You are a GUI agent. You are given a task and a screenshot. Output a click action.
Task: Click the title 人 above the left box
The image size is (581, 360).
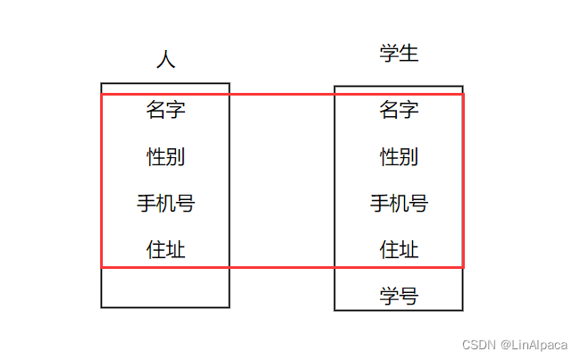[x=165, y=60]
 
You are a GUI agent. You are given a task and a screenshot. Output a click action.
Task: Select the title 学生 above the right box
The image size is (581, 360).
[x=399, y=54]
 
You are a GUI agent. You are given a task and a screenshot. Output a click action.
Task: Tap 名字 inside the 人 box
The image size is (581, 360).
[x=165, y=110]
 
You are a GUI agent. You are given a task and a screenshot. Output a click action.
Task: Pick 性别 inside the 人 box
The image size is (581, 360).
[x=165, y=157]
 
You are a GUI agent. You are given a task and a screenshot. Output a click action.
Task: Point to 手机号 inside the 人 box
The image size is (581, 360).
[x=165, y=204]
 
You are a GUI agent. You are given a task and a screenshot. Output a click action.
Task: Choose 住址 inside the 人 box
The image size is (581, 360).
[x=165, y=249]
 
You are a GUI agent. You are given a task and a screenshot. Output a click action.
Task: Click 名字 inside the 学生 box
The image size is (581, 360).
[x=399, y=110]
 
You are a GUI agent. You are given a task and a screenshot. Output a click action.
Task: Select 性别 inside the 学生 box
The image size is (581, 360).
[x=399, y=157]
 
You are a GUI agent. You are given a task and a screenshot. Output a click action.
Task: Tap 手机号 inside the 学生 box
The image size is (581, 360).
[x=399, y=204]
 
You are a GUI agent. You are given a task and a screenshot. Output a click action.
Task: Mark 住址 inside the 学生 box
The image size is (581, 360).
[x=399, y=249]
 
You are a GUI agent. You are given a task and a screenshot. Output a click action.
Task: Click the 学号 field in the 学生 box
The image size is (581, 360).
[x=399, y=296]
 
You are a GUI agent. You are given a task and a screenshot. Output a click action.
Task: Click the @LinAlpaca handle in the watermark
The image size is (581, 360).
[x=534, y=344]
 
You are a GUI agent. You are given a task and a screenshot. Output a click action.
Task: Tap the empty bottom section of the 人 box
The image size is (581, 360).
[x=165, y=288]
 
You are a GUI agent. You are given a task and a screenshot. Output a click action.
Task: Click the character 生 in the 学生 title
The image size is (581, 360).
[x=408, y=54]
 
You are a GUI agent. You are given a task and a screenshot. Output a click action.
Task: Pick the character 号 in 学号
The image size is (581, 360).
[x=408, y=296]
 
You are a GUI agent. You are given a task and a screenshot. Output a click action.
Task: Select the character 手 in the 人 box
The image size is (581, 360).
[x=147, y=204]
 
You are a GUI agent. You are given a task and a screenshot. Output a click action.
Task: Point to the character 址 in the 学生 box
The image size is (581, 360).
[x=408, y=249]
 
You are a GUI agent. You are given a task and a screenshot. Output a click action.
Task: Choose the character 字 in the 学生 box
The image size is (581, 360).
[x=408, y=110]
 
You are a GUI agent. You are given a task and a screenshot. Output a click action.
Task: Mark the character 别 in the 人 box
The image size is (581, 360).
[x=175, y=157]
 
